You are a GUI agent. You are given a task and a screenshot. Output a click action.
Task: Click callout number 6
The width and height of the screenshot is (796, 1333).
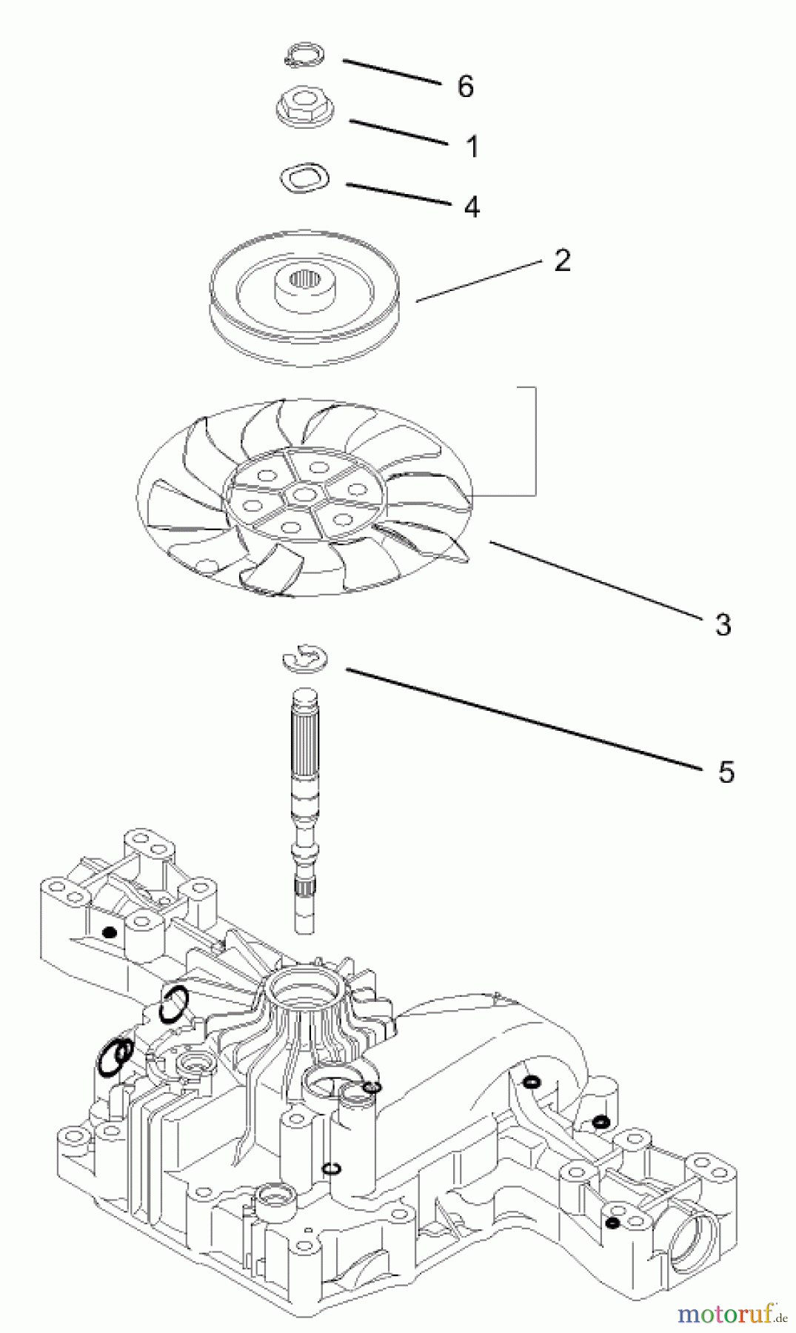465,87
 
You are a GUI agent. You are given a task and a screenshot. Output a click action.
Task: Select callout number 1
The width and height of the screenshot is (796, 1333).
472,147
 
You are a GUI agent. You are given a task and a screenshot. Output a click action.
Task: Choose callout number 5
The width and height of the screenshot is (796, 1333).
726,772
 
